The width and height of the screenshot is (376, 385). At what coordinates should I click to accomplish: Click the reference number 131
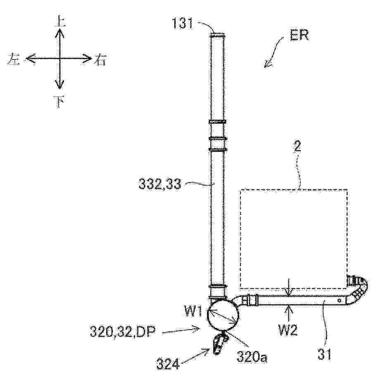[183, 24]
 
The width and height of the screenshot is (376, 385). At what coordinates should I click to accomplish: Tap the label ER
[299, 36]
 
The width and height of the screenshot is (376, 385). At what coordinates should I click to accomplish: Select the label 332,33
[160, 184]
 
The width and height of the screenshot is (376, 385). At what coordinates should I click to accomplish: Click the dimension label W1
[193, 312]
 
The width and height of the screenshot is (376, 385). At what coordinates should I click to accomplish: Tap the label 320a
[252, 357]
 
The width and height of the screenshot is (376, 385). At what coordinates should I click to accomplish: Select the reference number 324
[168, 364]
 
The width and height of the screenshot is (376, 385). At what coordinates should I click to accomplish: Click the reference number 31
[324, 354]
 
